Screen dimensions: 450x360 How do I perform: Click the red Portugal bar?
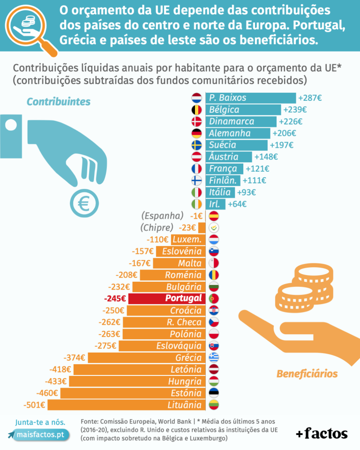166,299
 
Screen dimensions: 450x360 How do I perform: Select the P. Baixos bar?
251,98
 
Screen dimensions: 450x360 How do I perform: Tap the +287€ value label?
309,98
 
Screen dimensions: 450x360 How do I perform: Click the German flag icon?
197,133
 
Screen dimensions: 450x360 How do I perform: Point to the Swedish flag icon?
197,145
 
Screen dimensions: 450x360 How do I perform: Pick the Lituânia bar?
126,405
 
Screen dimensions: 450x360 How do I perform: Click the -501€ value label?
34,405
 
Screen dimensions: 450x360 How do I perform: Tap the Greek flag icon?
214,357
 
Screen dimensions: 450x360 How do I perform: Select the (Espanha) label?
162,216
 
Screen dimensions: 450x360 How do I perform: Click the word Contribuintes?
59,102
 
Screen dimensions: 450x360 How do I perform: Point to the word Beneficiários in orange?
307,374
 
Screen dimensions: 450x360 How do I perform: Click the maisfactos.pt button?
39,435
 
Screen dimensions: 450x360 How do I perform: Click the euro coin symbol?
84,202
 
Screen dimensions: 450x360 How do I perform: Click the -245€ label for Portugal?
115,299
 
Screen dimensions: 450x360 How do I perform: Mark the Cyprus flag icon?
214,228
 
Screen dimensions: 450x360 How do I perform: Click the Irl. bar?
215,204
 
